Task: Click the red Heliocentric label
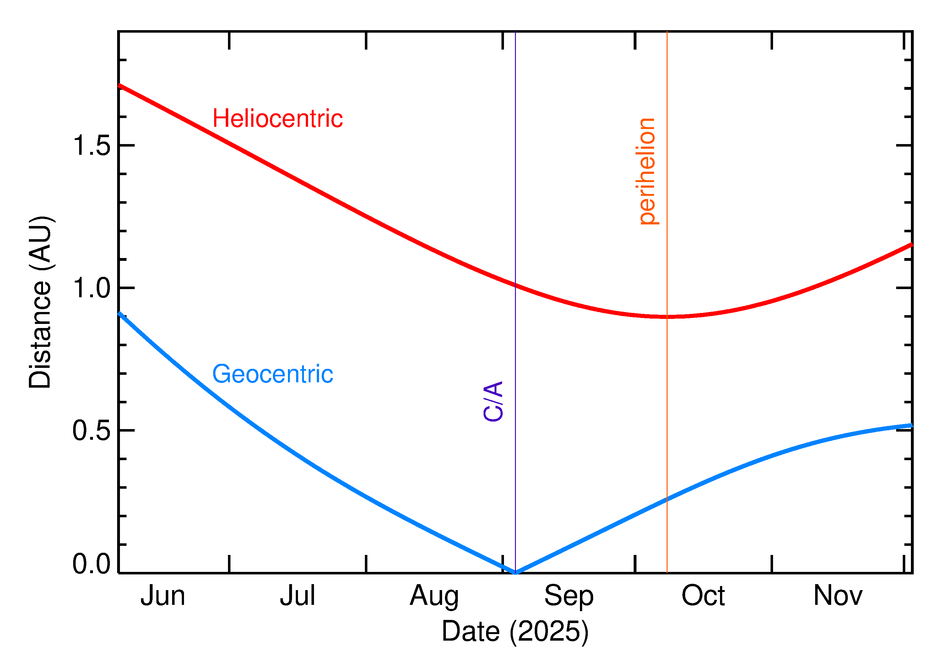click(277, 119)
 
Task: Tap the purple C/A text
click(493, 401)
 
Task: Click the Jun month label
click(163, 596)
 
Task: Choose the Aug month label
click(434, 596)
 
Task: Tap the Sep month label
click(569, 596)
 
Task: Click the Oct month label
click(703, 596)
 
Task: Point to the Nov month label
click(838, 596)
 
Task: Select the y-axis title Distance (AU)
click(40, 302)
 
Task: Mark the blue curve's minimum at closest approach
click(516, 572)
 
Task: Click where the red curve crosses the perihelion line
click(667, 317)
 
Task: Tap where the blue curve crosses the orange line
click(667, 500)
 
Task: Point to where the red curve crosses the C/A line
click(516, 285)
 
